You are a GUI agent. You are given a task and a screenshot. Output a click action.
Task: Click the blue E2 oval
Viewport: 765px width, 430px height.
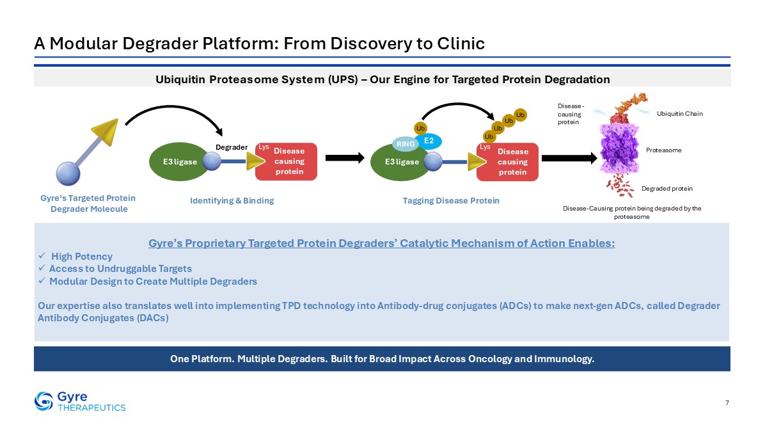(x=429, y=141)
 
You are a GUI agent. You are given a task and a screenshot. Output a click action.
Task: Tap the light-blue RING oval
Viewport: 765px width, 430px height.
(x=406, y=144)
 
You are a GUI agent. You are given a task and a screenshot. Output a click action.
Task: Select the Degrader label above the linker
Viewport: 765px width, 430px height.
(x=232, y=147)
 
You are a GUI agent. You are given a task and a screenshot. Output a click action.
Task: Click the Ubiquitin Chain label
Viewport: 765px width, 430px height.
(x=680, y=114)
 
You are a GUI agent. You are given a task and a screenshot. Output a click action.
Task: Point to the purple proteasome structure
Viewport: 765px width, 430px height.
(x=620, y=148)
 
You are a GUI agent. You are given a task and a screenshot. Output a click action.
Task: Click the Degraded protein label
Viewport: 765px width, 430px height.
(x=667, y=188)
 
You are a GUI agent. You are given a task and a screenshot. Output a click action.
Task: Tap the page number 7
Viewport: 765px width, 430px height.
(x=727, y=402)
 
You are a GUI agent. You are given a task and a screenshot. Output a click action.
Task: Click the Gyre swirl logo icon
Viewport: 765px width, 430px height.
(x=43, y=401)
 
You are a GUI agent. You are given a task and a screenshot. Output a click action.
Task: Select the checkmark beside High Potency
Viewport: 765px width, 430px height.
(x=42, y=256)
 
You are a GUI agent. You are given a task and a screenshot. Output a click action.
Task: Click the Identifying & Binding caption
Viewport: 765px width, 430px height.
(x=232, y=200)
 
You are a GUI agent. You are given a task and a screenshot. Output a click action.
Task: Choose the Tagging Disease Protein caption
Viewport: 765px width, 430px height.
(x=451, y=200)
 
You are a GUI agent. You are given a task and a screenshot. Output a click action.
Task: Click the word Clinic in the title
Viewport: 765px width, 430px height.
(x=461, y=44)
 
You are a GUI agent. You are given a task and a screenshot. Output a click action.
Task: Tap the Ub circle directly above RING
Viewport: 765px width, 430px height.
(x=420, y=129)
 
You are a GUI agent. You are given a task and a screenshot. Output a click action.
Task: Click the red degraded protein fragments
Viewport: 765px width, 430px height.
(x=620, y=185)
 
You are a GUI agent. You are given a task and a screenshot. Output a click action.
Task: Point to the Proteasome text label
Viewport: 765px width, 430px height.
(x=663, y=150)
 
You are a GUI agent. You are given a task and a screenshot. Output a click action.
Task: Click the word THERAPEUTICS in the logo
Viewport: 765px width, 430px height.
(x=91, y=408)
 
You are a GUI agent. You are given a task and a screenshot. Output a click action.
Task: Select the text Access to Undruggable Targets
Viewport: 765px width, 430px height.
(x=120, y=269)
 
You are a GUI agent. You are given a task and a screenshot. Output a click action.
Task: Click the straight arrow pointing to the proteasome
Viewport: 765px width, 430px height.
(x=569, y=158)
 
